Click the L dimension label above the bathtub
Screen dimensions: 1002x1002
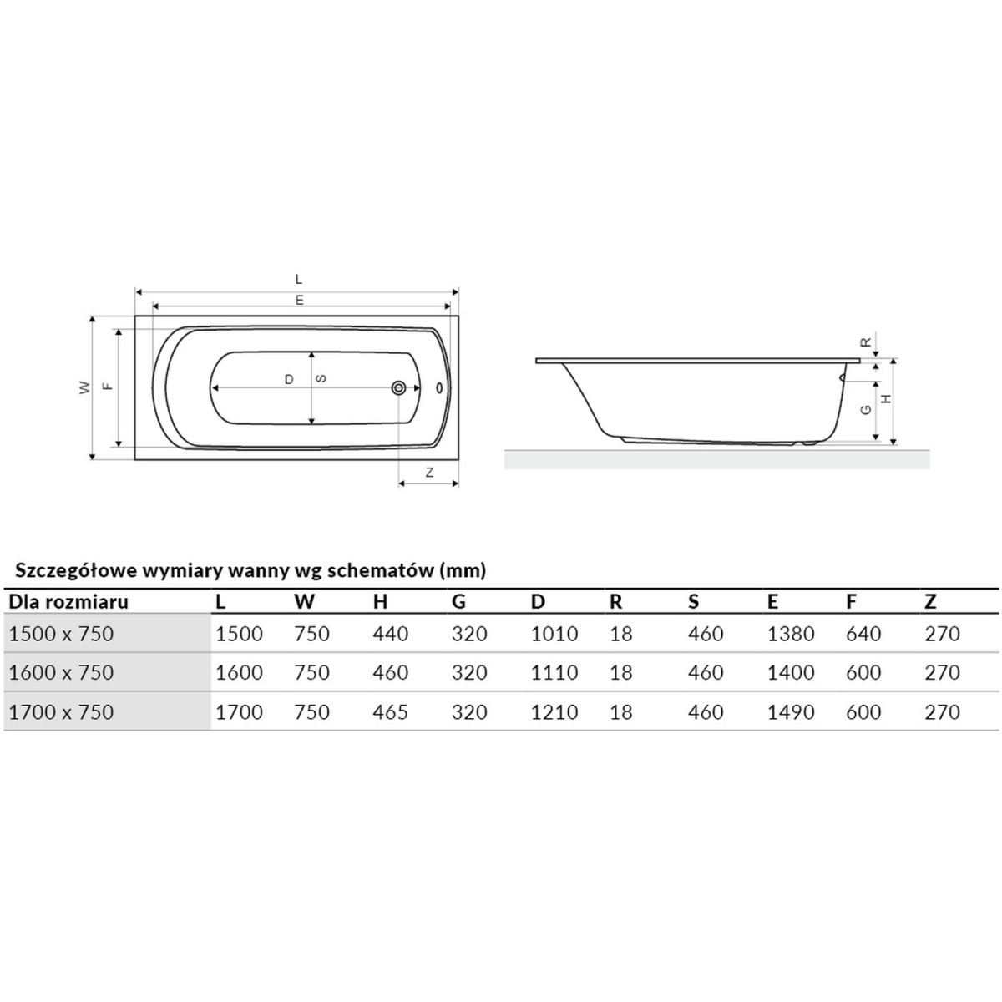[x=298, y=279]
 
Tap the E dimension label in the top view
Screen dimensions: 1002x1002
[x=300, y=300]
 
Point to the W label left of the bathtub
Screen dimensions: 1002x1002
[x=85, y=387]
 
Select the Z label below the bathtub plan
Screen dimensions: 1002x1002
[x=429, y=473]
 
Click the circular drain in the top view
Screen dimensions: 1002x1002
[x=399, y=387]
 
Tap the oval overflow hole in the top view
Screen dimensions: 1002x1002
[x=439, y=388]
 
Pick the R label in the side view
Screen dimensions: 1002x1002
[x=866, y=342]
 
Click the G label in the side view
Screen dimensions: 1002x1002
[x=866, y=410]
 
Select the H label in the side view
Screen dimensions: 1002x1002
[x=887, y=399]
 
